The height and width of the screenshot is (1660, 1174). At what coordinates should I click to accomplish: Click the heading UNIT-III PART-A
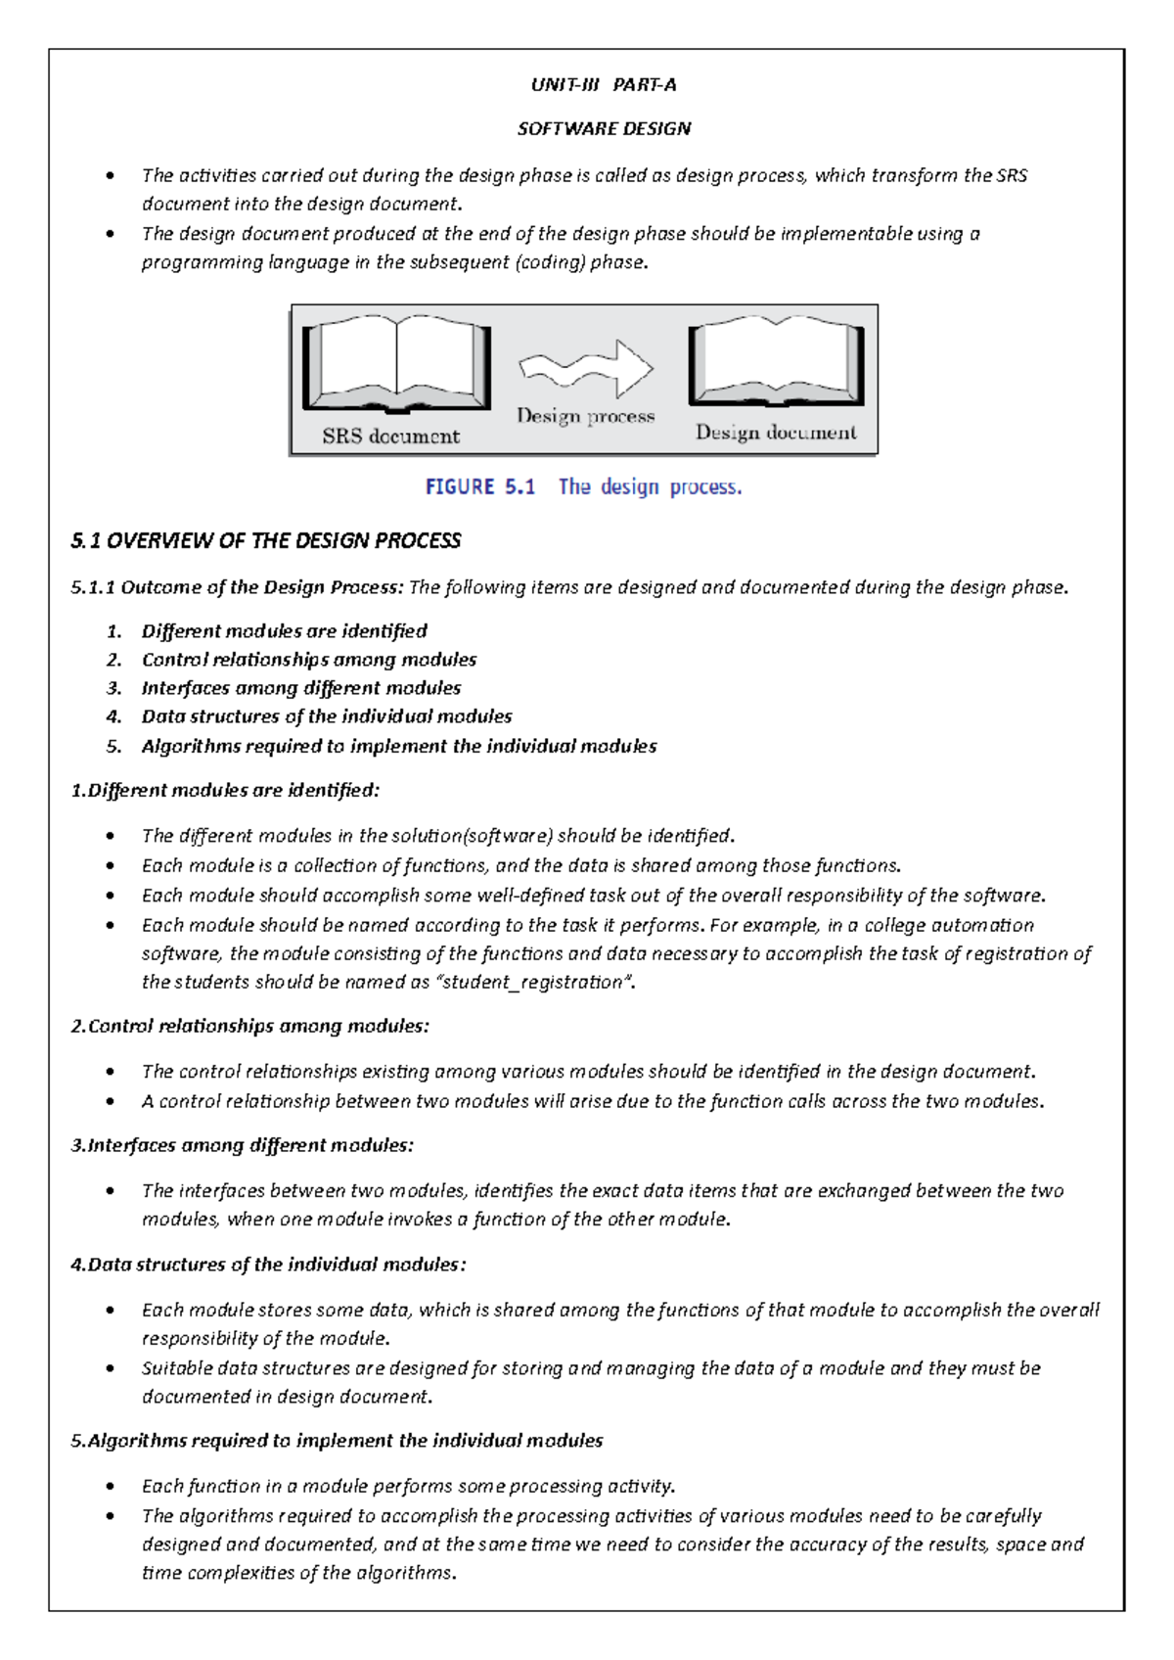point(603,85)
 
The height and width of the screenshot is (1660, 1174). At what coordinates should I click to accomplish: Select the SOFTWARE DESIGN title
point(604,129)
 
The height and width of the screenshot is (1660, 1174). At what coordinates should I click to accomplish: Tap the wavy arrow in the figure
point(586,369)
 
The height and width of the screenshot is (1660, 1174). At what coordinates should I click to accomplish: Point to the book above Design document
point(776,361)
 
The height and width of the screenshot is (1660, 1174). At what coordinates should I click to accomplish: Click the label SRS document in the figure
point(390,437)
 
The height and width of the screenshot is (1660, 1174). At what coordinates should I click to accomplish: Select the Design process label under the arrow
point(585,416)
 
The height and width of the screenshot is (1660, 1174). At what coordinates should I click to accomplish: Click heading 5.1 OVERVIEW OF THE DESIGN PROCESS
point(265,541)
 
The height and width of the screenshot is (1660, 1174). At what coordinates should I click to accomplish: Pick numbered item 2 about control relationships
point(308,660)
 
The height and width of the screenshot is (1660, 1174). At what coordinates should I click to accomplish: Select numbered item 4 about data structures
point(326,716)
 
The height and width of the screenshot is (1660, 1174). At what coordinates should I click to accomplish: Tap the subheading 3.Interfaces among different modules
point(242,1145)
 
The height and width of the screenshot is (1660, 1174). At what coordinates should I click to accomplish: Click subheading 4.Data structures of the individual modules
point(267,1265)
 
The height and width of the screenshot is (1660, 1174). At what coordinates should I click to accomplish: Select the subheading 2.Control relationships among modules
point(249,1026)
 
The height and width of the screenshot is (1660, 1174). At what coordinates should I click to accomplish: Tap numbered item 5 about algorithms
point(398,746)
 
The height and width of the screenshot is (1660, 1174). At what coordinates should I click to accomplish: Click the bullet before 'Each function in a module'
point(113,1487)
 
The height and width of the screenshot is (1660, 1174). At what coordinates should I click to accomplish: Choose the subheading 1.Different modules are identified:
point(224,790)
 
